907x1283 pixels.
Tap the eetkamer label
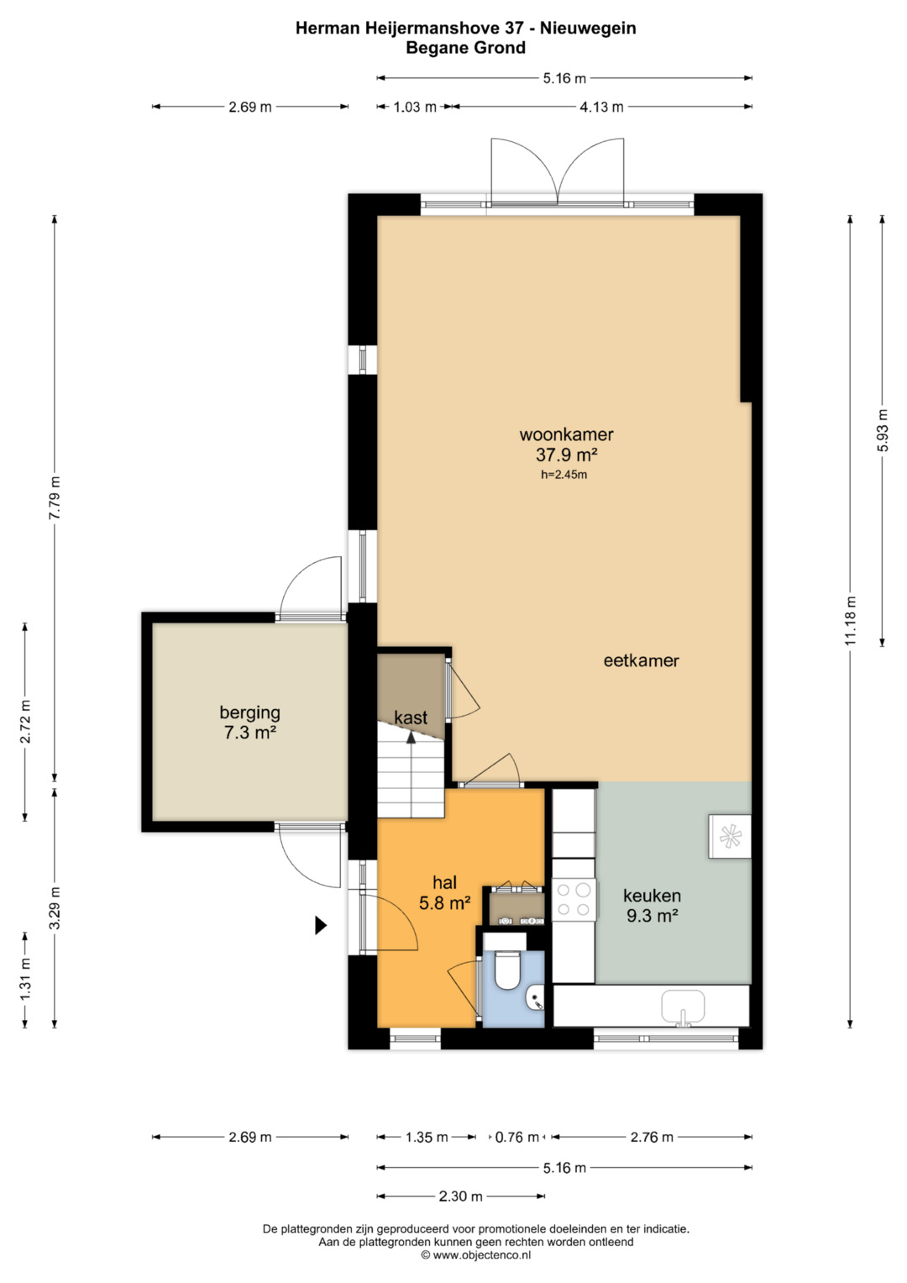point(642,660)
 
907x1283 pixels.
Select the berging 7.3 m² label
point(250,723)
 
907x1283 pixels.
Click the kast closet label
point(412,717)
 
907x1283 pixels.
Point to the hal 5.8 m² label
point(445,893)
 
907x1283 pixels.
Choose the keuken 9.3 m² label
point(653,906)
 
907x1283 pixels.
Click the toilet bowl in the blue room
point(506,970)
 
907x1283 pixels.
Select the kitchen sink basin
point(683,1007)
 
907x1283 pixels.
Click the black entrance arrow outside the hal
point(321,925)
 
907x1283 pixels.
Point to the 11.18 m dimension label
point(851,620)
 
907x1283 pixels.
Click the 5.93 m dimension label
point(883,431)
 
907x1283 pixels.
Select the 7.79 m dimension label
point(55,497)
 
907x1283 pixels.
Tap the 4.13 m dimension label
point(601,107)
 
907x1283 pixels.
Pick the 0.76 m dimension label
point(517,1137)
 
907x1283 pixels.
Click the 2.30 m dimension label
point(461,1196)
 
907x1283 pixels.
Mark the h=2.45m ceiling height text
point(564,474)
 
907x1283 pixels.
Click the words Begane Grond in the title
point(465,48)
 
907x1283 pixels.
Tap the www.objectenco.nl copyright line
point(476,1254)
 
